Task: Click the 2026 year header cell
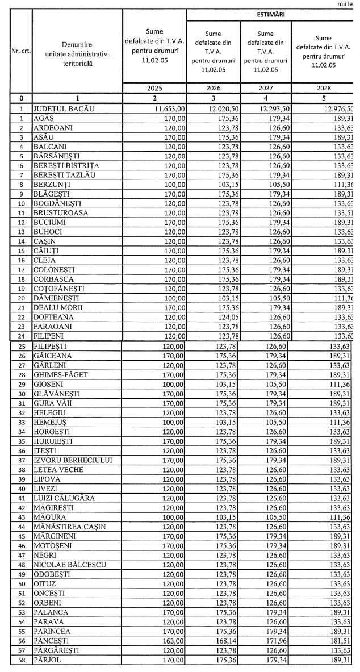[x=214, y=89]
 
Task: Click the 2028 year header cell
[x=323, y=89]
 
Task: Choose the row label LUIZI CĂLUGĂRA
[x=64, y=498]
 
